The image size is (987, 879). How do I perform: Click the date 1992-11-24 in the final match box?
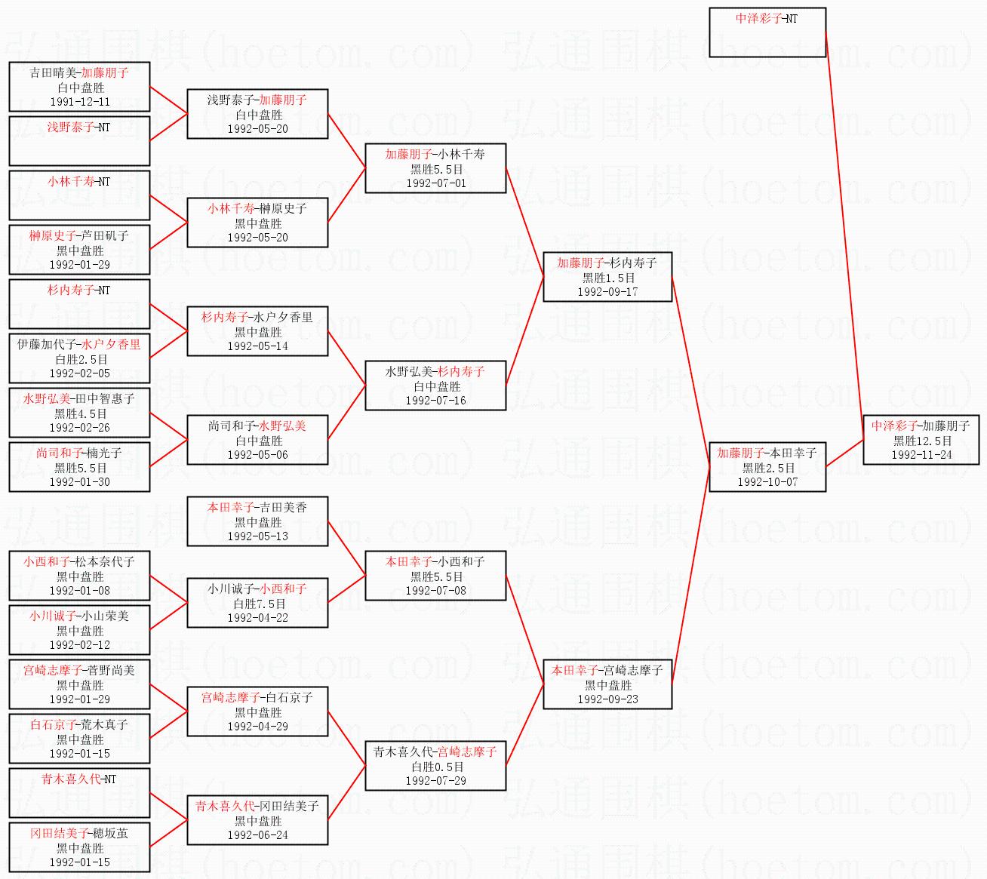tap(921, 455)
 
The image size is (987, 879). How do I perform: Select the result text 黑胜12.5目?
tap(921, 441)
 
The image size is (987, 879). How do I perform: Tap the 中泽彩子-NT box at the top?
tap(767, 32)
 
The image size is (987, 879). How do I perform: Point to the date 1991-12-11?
tap(80, 101)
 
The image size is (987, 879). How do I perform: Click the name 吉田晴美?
tap(53, 73)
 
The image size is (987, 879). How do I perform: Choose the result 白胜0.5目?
tap(436, 767)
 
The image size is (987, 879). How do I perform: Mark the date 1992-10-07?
tap(767, 482)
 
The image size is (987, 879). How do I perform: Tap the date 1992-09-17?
tap(607, 291)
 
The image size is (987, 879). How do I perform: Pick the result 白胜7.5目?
tap(258, 604)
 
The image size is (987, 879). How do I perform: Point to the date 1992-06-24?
tap(258, 834)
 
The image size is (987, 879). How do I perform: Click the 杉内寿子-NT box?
tap(79, 304)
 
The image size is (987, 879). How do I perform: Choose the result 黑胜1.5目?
tap(608, 278)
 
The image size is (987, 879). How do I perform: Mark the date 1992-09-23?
tap(607, 699)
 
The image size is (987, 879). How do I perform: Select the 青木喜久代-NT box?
tap(79, 793)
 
